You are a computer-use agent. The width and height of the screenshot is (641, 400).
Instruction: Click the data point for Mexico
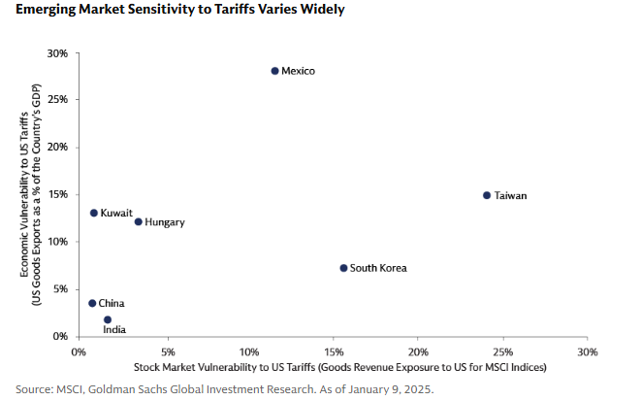click(x=274, y=71)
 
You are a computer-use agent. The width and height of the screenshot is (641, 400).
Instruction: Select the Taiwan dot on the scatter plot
click(x=487, y=195)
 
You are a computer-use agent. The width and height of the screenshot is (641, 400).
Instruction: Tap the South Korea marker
click(x=343, y=268)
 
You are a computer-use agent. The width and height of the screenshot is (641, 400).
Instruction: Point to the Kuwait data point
click(x=93, y=213)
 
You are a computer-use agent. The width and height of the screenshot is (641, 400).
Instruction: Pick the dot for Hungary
click(x=138, y=221)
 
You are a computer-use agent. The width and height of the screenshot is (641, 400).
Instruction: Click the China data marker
click(x=92, y=303)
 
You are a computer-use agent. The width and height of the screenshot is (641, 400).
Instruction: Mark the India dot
click(x=108, y=319)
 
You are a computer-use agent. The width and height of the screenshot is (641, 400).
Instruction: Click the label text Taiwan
click(x=510, y=196)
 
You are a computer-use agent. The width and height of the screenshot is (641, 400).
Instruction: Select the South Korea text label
click(x=378, y=269)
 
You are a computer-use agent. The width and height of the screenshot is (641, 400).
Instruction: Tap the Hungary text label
click(x=164, y=222)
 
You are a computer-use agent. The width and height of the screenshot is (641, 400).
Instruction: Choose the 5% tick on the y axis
click(x=60, y=288)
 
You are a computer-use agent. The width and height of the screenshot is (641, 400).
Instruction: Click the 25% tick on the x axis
click(x=501, y=350)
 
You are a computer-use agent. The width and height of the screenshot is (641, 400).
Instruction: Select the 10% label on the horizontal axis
click(x=249, y=350)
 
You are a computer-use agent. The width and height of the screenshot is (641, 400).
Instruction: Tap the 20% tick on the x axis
click(x=418, y=350)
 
